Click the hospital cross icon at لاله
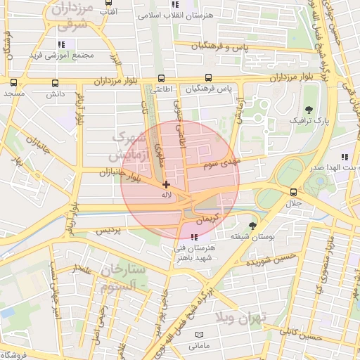(x=166, y=184)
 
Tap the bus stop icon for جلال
(x=293, y=192)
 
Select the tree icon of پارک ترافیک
(x=308, y=109)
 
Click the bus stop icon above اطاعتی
(x=162, y=79)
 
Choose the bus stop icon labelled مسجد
(x=13, y=82)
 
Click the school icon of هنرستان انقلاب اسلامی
(x=174, y=5)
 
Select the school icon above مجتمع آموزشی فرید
(x=61, y=44)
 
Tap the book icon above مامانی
(x=199, y=335)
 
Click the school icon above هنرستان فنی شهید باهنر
(x=193, y=236)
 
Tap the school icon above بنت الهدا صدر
(x=344, y=157)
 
